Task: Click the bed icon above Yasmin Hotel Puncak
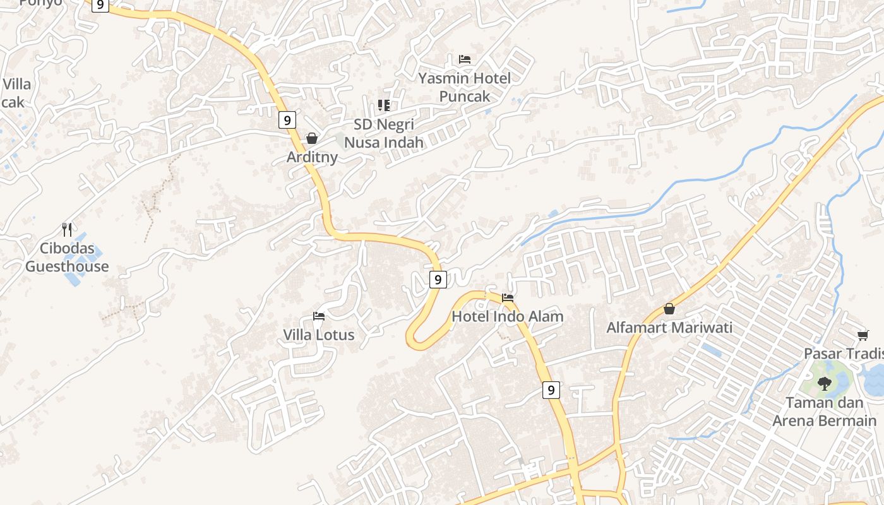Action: pyautogui.click(x=465, y=59)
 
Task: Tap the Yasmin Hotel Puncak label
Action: pyautogui.click(x=465, y=87)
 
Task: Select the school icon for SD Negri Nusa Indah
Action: pyautogui.click(x=384, y=105)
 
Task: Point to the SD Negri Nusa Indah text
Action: pyautogui.click(x=384, y=133)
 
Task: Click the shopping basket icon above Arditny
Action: pyautogui.click(x=312, y=138)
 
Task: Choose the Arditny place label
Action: pyautogui.click(x=312, y=157)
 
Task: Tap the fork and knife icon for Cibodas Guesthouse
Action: pyautogui.click(x=67, y=229)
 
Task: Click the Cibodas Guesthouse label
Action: pyautogui.click(x=67, y=258)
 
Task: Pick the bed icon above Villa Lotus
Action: pyautogui.click(x=319, y=316)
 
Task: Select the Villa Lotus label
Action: pyautogui.click(x=319, y=335)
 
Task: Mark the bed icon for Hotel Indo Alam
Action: pyautogui.click(x=508, y=297)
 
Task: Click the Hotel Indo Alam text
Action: pyautogui.click(x=508, y=316)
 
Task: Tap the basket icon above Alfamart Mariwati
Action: pyautogui.click(x=669, y=309)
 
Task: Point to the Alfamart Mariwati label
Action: pyautogui.click(x=669, y=328)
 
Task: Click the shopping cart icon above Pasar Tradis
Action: pyautogui.click(x=863, y=335)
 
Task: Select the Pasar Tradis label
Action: pyautogui.click(x=844, y=353)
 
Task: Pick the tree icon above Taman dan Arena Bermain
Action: pyautogui.click(x=825, y=383)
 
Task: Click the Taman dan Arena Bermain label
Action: pyautogui.click(x=825, y=412)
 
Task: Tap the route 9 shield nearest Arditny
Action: pyautogui.click(x=287, y=120)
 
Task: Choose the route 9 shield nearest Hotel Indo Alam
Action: pyautogui.click(x=438, y=279)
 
